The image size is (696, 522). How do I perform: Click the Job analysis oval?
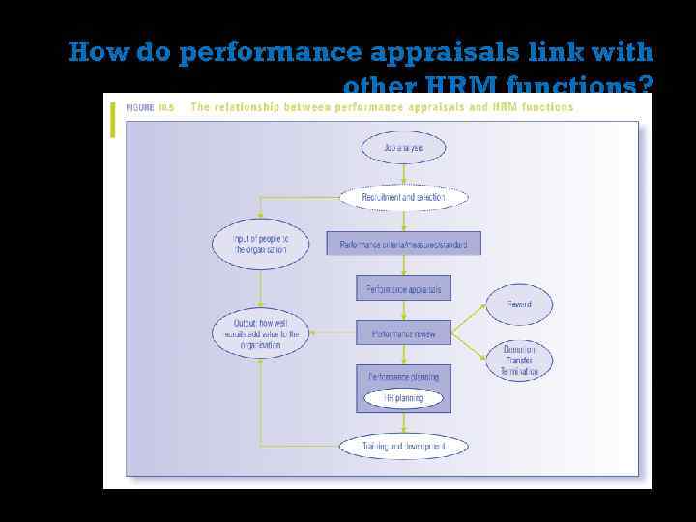[x=403, y=148]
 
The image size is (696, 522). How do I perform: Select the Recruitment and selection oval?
[x=403, y=197]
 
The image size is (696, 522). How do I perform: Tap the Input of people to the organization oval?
[x=260, y=244]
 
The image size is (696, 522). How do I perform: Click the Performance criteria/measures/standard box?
[x=403, y=245]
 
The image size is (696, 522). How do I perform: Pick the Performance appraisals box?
[x=403, y=288]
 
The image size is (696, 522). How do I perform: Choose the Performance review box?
[x=403, y=333]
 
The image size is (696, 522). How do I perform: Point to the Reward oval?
[x=520, y=304]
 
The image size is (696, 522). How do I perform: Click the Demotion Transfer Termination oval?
[x=520, y=360]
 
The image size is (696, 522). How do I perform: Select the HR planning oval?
[x=403, y=397]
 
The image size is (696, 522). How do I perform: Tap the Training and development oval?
[x=403, y=447]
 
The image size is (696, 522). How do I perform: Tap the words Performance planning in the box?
[x=403, y=377]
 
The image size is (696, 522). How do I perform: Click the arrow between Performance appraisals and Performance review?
[x=403, y=310]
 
